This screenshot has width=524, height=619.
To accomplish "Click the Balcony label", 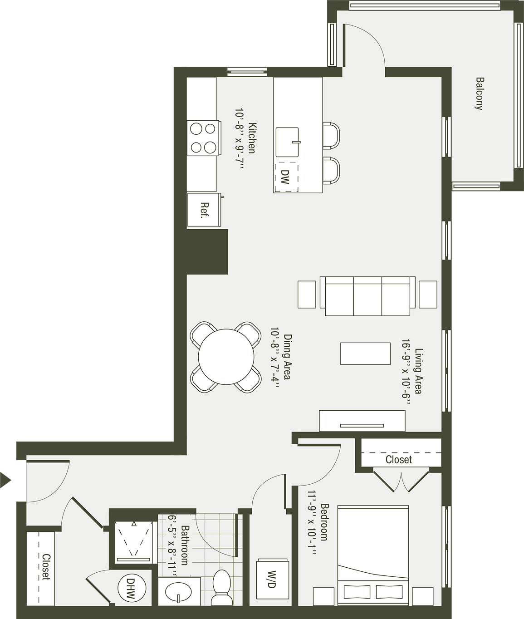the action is (480, 94).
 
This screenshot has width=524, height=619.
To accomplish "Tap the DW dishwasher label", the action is (285, 177).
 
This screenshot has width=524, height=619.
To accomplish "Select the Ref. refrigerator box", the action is (204, 209).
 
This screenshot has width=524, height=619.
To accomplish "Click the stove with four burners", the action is (204, 138).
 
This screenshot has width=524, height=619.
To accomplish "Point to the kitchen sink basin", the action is (288, 142).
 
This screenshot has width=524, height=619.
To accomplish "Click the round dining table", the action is (226, 357).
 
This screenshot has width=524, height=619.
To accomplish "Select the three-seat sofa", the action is (367, 296).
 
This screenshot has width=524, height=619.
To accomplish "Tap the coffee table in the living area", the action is (365, 354).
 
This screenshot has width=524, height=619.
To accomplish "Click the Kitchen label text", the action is (252, 138).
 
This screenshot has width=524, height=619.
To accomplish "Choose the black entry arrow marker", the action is (5, 480).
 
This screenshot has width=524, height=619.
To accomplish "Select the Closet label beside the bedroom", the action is (398, 459).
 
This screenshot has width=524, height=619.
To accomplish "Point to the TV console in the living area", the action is (362, 421).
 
